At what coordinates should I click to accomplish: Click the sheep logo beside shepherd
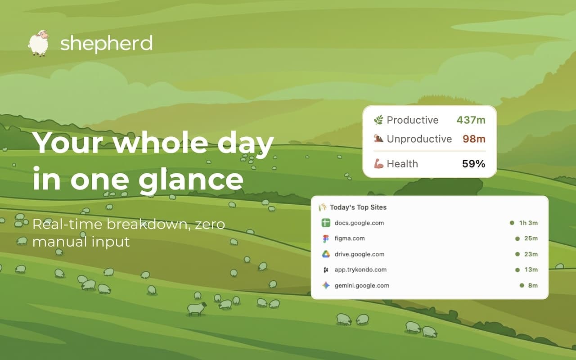pyautogui.click(x=39, y=43)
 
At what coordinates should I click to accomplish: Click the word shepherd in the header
pyautogui.click(x=106, y=44)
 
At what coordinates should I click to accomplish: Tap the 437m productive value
pyautogui.click(x=471, y=120)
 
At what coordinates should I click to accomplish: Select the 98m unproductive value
pyautogui.click(x=474, y=139)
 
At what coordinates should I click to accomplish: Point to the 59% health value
pyautogui.click(x=473, y=164)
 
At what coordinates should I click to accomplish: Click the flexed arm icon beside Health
pyautogui.click(x=378, y=164)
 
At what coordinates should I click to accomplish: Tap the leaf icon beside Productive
pyautogui.click(x=378, y=120)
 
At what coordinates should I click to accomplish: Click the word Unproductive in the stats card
pyautogui.click(x=419, y=139)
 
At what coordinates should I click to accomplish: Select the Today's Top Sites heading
pyautogui.click(x=358, y=207)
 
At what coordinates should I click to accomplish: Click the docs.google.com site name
pyautogui.click(x=359, y=223)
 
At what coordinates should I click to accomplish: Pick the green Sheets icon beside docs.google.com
pyautogui.click(x=326, y=223)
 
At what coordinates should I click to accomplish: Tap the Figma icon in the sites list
pyautogui.click(x=326, y=238)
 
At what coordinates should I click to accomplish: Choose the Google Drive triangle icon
pyautogui.click(x=326, y=254)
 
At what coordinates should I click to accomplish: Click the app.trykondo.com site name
pyautogui.click(x=360, y=270)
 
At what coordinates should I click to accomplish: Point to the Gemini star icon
pyautogui.click(x=326, y=285)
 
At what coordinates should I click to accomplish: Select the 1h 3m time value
pyautogui.click(x=528, y=223)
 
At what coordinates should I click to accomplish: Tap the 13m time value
pyautogui.click(x=531, y=270)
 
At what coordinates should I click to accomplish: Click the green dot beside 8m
pyautogui.click(x=522, y=285)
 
